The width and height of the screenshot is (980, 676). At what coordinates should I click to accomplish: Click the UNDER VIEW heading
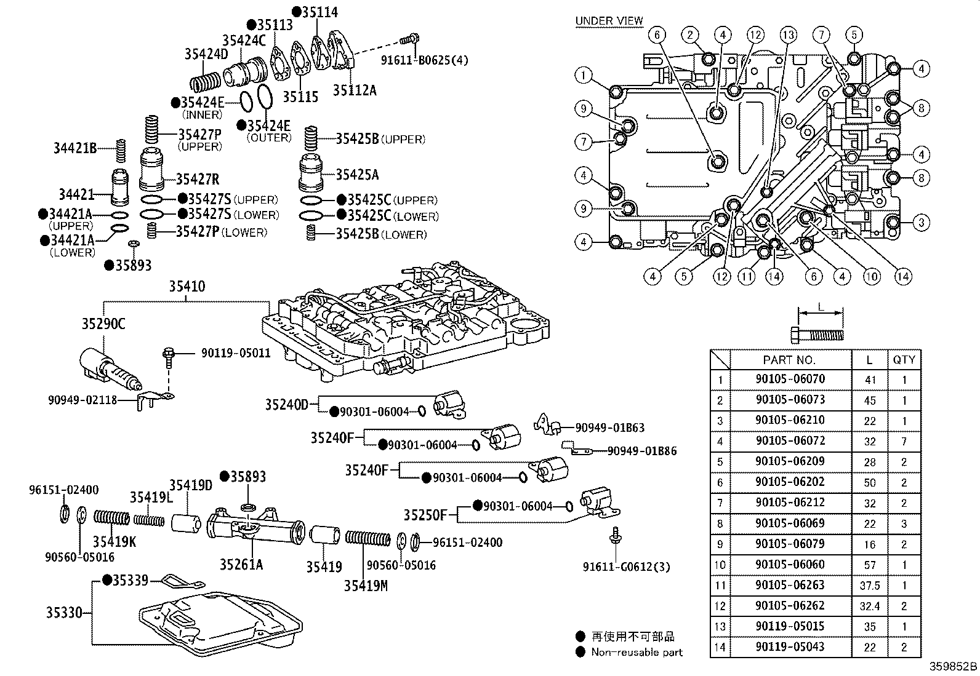tap(609, 21)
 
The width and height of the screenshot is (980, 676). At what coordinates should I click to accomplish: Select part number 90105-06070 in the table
tap(790, 379)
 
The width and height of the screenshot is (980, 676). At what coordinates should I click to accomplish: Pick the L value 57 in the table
tap(870, 565)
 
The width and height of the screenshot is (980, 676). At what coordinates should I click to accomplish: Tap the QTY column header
tap(904, 360)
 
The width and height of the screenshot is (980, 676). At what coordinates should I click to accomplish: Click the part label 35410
tap(187, 287)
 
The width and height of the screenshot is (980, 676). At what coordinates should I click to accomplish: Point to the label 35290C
tap(103, 324)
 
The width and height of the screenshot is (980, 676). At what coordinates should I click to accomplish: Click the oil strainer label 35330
tap(65, 613)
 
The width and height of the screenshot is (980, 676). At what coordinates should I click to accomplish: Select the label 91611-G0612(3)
tap(627, 567)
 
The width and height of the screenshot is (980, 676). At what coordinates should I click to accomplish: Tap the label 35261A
tap(241, 564)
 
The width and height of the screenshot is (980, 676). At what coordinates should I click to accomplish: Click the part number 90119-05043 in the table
tap(790, 646)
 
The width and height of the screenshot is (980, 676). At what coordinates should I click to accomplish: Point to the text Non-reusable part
tap(637, 652)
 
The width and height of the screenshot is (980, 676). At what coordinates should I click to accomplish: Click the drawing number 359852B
tap(953, 667)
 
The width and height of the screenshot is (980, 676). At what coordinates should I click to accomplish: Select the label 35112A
tap(355, 90)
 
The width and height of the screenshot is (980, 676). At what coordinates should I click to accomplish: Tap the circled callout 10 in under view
tap(871, 276)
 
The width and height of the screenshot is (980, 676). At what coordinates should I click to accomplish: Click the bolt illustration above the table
tap(817, 335)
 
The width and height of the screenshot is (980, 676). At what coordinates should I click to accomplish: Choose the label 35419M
tap(366, 586)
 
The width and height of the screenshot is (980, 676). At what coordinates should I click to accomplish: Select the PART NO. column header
tap(789, 360)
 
